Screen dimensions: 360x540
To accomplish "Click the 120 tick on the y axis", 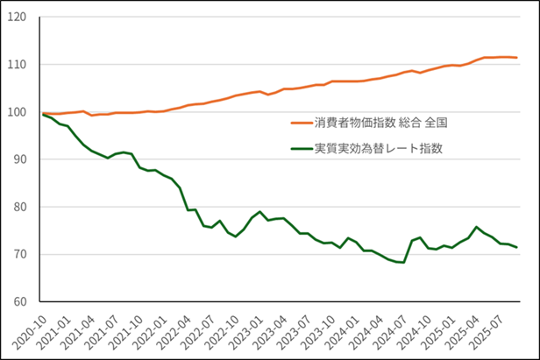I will point(18,17).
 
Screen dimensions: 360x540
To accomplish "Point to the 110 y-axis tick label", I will point(18,65).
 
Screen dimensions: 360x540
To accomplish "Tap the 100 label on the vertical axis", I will point(18,112).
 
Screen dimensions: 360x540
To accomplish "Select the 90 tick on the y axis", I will point(21,159).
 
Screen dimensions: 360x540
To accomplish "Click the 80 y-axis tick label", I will point(21,207).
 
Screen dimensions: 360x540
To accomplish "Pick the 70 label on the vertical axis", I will point(21,254).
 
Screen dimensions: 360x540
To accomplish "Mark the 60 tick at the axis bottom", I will point(21,301).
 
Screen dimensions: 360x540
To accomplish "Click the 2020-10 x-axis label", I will point(31,331).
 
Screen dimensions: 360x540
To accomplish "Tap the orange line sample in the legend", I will point(303,123).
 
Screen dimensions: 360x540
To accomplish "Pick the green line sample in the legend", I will point(303,149).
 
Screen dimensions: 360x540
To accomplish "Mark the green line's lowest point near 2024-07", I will point(403,262).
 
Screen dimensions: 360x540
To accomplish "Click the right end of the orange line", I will point(517,58).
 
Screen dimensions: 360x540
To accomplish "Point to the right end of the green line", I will point(517,247).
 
